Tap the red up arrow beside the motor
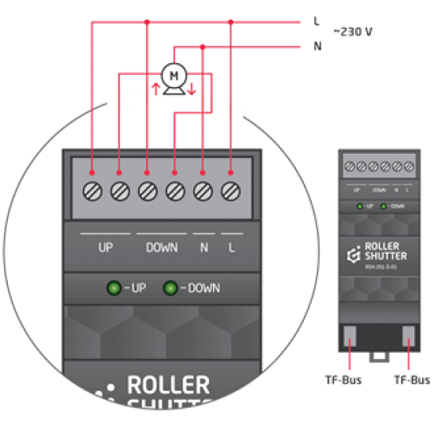click(x=155, y=86)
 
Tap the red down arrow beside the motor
click(x=193, y=86)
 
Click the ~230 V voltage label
click(x=353, y=32)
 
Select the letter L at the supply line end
click(x=316, y=21)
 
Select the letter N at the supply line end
click(x=317, y=47)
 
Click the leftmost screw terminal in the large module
click(x=92, y=190)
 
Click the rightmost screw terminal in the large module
click(x=230, y=190)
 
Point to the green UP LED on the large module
click(x=113, y=288)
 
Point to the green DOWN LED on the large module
click(x=170, y=288)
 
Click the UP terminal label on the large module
click(x=106, y=248)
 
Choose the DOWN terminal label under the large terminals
click(x=162, y=248)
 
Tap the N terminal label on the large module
click(x=204, y=248)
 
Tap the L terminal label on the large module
click(x=231, y=248)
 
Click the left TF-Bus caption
click(x=345, y=380)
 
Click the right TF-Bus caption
click(x=410, y=380)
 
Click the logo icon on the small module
click(x=353, y=255)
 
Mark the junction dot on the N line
click(x=203, y=47)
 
